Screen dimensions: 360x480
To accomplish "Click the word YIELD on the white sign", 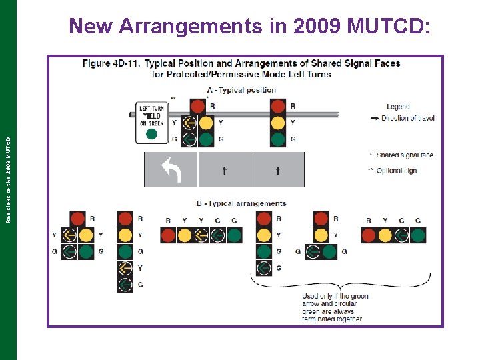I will (151, 116).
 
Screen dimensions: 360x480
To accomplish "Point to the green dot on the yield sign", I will (151, 134).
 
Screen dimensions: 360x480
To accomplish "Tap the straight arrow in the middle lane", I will (224, 171).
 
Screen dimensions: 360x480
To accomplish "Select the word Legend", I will (398, 107).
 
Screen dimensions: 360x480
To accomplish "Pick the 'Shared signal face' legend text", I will (404, 155).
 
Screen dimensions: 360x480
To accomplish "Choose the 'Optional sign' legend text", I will (396, 171).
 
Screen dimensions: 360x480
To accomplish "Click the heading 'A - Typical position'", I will (241, 90).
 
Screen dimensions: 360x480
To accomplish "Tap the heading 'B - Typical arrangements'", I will (241, 203).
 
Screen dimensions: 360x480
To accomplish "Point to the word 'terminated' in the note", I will (319, 319).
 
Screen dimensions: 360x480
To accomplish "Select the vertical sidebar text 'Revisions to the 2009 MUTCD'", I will (8, 180).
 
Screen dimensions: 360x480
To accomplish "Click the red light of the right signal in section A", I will (278, 106).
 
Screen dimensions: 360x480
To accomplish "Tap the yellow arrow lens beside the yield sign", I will (189, 123).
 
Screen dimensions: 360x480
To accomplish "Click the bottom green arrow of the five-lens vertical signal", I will (125, 284).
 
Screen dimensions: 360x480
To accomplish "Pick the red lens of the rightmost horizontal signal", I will (369, 235).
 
